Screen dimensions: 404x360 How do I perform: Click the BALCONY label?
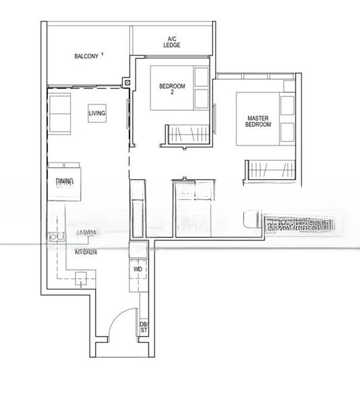pos(86,56)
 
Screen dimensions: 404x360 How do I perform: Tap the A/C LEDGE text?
pos(172,42)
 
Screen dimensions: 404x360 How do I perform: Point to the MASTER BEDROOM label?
pos(258,122)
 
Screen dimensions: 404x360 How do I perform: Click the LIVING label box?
pos(97,114)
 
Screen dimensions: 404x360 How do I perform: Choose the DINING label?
pos(65,181)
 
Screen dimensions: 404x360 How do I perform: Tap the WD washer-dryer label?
pos(138,269)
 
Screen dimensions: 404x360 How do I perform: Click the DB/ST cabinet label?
pos(144,327)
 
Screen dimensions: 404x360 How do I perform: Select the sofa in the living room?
pos(59,113)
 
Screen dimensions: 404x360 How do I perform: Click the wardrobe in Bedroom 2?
pos(187,134)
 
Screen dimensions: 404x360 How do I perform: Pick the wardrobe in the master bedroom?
pos(270,170)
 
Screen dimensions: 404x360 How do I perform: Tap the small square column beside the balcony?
pos(125,83)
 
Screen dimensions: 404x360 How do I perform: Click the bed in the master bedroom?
pos(258,117)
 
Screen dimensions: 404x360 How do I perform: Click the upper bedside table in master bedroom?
pos(287,106)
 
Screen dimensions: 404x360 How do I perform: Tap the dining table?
pos(64,178)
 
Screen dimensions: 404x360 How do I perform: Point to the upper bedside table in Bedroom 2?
pos(201,76)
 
